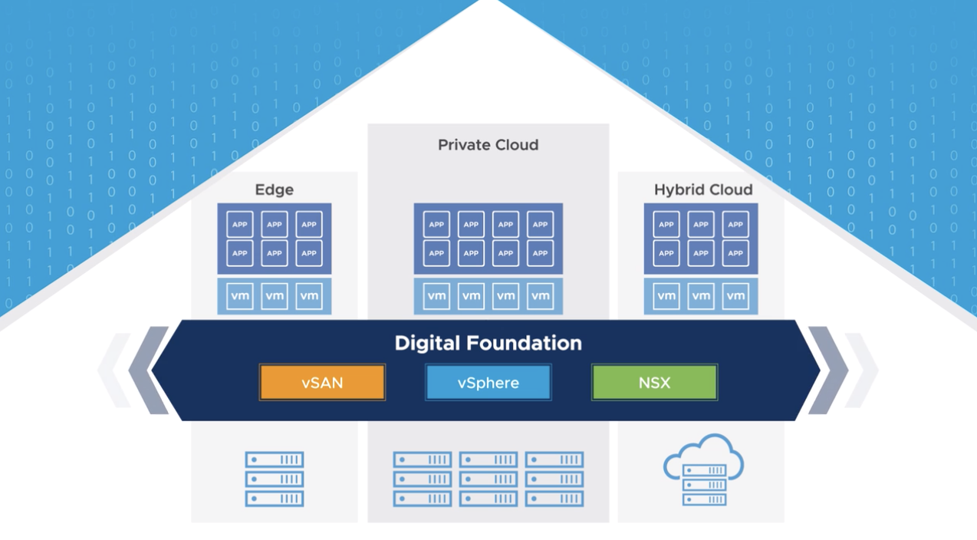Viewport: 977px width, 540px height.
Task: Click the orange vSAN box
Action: point(322,383)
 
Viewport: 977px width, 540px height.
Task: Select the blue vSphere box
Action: point(488,383)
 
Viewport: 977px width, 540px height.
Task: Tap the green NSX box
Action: point(654,383)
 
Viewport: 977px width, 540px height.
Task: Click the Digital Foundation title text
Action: point(488,343)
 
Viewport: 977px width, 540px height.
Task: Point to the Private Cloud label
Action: point(488,145)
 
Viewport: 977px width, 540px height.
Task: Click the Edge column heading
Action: point(274,189)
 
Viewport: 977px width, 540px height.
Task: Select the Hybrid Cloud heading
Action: point(702,189)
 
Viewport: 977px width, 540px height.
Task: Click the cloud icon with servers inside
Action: point(703,469)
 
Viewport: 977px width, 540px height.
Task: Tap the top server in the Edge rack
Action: point(275,459)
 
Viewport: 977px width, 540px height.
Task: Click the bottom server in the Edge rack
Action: point(275,499)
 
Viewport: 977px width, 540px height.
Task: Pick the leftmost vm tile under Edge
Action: point(240,296)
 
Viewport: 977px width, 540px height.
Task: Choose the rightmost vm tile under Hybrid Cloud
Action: point(735,296)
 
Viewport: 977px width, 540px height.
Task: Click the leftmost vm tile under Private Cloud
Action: point(436,296)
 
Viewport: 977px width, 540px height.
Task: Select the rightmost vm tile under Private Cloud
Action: point(541,296)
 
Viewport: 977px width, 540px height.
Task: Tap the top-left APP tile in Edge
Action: point(240,225)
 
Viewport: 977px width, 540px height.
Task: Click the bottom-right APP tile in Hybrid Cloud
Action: point(735,253)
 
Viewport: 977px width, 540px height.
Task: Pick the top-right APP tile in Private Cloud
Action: point(541,225)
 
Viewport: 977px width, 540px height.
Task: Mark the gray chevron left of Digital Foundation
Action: point(150,370)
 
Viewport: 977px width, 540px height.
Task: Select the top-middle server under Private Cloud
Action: point(488,459)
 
